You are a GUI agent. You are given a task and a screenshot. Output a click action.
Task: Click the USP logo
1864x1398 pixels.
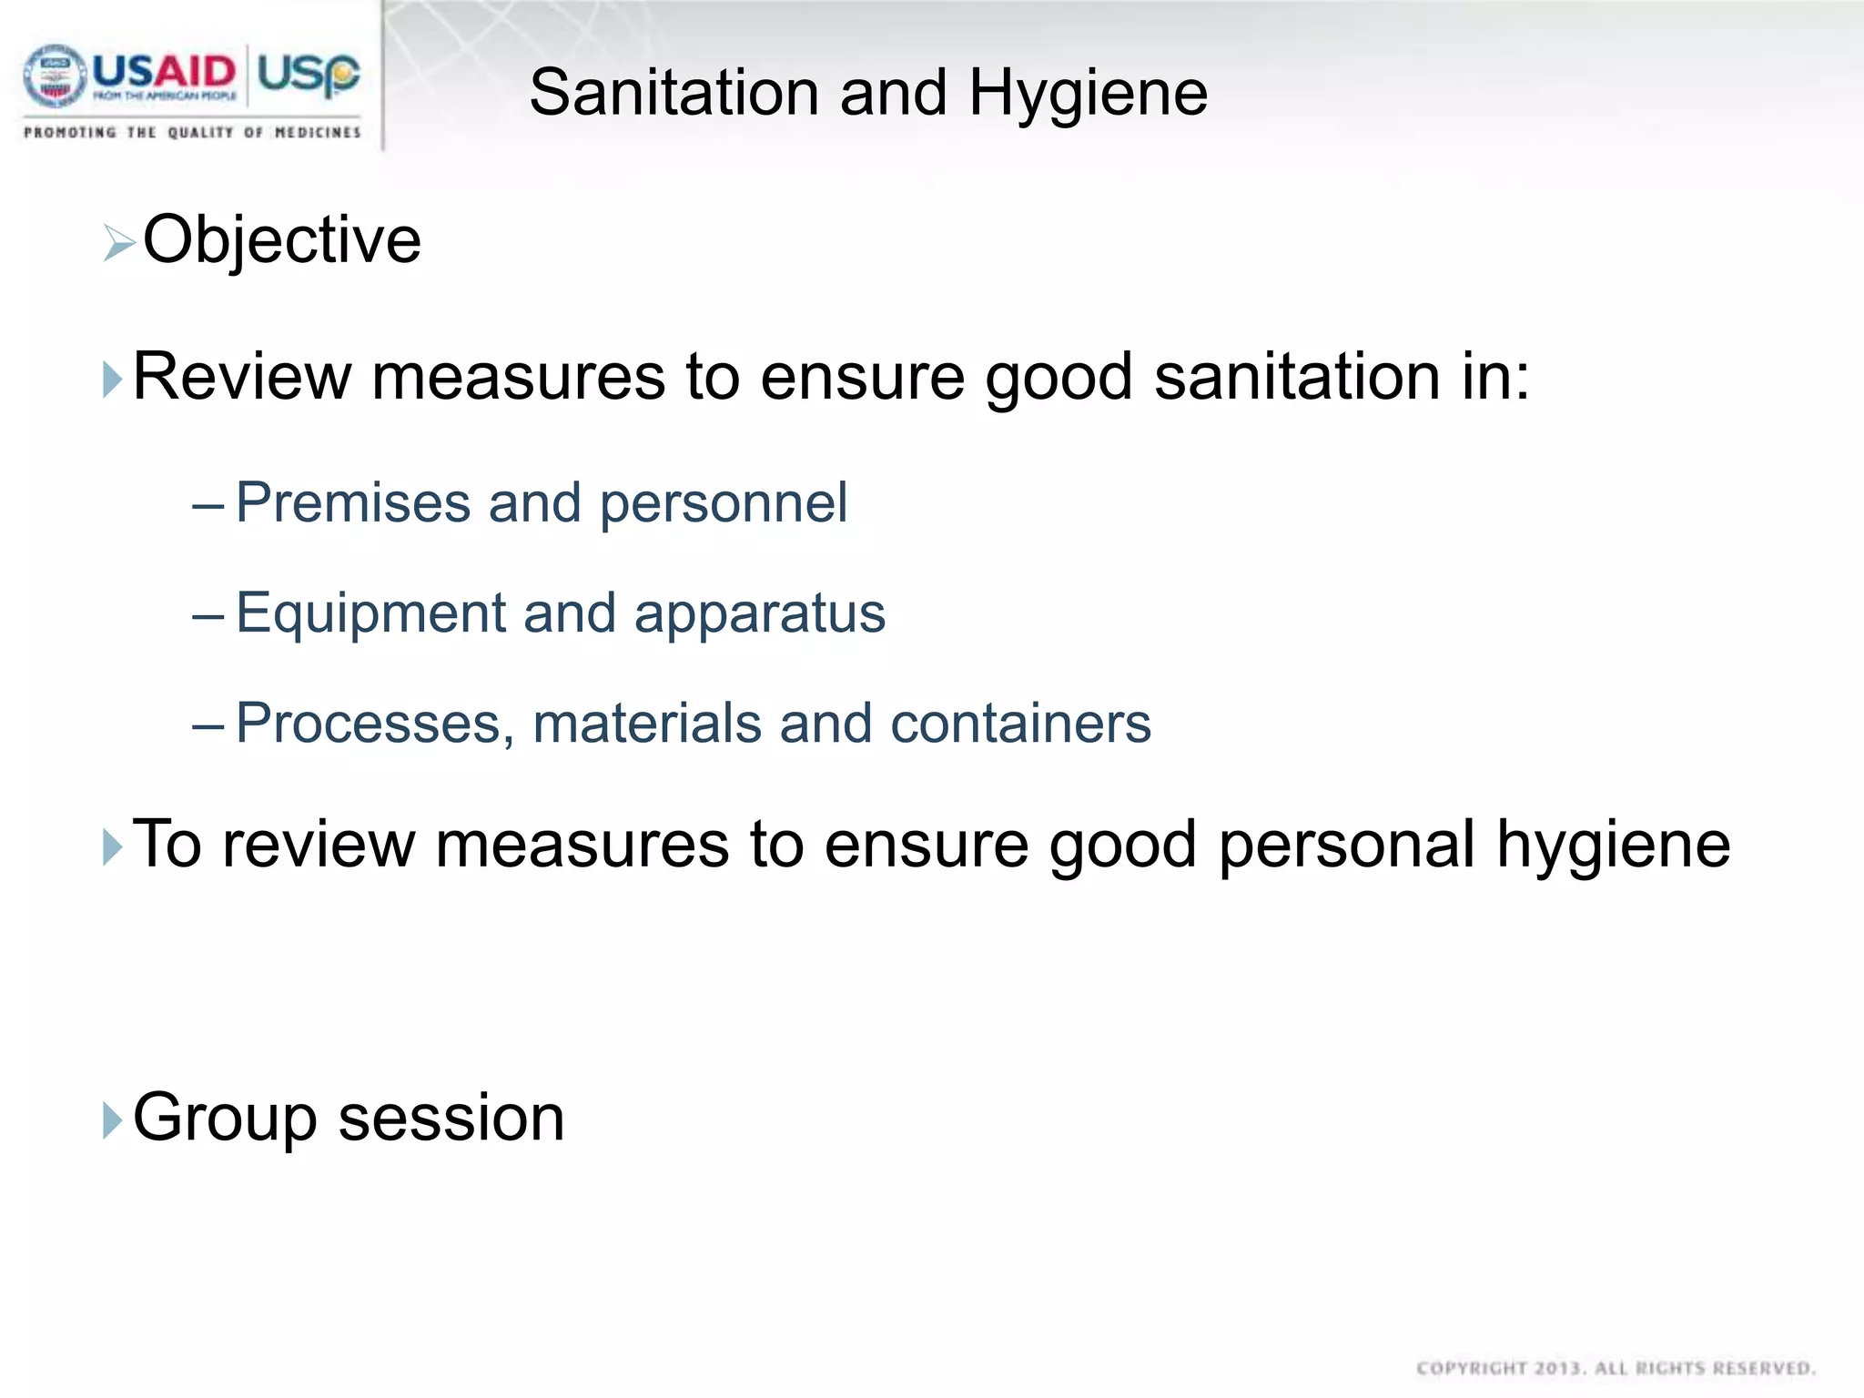pyautogui.click(x=309, y=73)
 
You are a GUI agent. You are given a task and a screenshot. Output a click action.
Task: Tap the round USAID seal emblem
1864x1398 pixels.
pyautogui.click(x=54, y=76)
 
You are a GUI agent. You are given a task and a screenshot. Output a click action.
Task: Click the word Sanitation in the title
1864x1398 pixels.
pyautogui.click(x=674, y=93)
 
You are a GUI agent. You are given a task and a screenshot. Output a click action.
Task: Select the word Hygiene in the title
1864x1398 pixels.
pyautogui.click(x=1088, y=93)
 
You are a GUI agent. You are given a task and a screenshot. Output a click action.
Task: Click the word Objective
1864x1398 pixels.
pyautogui.click(x=282, y=240)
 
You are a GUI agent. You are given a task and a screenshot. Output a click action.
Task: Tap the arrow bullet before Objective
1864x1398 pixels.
pyautogui.click(x=119, y=243)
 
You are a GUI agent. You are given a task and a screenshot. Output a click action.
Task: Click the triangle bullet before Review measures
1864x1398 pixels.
pyautogui.click(x=112, y=380)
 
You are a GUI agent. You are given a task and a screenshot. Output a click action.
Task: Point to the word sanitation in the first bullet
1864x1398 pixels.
pyautogui.click(x=1296, y=377)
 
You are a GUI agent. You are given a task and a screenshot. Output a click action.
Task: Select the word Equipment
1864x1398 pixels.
pyautogui.click(x=370, y=613)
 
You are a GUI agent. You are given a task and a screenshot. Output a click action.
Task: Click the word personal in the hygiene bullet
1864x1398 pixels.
pyautogui.click(x=1346, y=845)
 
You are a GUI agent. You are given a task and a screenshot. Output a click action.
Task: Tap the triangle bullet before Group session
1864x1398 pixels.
pyautogui.click(x=112, y=1120)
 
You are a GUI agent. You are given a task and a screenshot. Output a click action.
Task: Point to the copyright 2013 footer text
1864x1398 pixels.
pyautogui.click(x=1616, y=1368)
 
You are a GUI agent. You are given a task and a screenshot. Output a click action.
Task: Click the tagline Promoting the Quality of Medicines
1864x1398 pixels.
pyautogui.click(x=192, y=133)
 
